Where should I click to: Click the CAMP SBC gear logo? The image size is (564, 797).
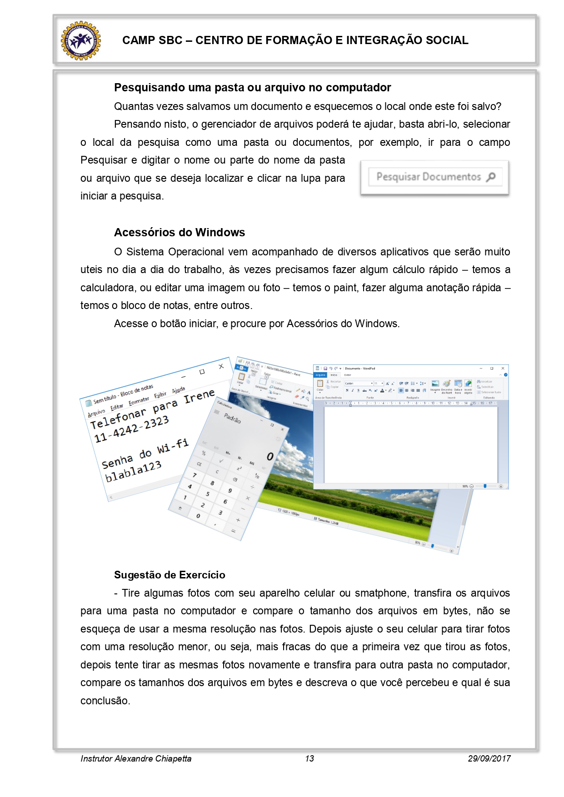(x=81, y=40)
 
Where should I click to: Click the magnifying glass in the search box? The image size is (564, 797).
(x=491, y=177)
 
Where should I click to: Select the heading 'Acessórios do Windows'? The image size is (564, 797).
(x=179, y=232)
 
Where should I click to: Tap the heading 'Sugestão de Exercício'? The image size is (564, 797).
(x=170, y=575)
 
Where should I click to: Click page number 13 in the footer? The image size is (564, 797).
(x=309, y=758)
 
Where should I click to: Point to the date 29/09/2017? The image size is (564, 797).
(x=489, y=758)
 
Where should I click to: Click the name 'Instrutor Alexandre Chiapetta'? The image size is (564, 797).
(x=136, y=758)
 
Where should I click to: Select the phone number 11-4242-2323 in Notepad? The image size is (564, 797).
(x=131, y=429)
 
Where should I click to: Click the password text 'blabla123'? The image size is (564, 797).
(x=133, y=471)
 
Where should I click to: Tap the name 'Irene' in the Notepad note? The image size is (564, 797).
(x=199, y=397)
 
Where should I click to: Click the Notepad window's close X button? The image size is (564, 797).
(x=221, y=366)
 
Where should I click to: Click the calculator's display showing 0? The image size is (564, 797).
(x=270, y=456)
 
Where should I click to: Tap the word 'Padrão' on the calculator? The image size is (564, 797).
(x=232, y=418)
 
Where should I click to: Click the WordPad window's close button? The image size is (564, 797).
(x=503, y=368)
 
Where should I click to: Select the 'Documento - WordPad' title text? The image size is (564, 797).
(x=359, y=369)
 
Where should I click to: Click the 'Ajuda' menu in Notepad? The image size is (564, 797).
(x=178, y=390)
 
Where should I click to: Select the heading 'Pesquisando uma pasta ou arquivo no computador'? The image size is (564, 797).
(x=252, y=87)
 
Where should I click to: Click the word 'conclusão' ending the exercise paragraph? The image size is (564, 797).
(x=105, y=701)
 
